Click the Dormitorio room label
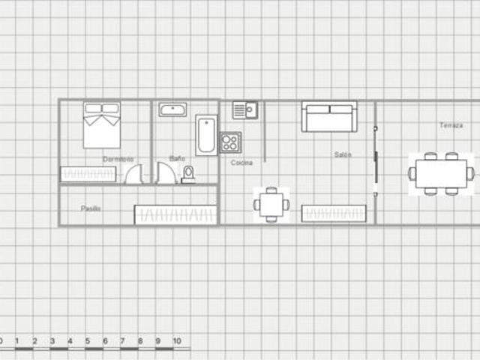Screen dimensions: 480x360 [x=118, y=159]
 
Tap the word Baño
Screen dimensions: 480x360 [x=177, y=158]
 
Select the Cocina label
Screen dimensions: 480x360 [x=241, y=163]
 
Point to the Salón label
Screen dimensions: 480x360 [x=343, y=154]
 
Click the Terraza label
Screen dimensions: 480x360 [x=451, y=125]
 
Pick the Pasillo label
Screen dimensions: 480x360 [x=91, y=208]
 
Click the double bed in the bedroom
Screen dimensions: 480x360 [x=102, y=125]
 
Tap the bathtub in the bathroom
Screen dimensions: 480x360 [x=206, y=135]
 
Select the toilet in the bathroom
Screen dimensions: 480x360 [x=188, y=175]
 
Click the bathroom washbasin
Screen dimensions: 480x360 [x=173, y=109]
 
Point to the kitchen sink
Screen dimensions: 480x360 [x=245, y=110]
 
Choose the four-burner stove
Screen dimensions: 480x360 [x=230, y=142]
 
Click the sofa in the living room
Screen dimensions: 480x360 [x=329, y=117]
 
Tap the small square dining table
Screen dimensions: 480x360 [x=271, y=205]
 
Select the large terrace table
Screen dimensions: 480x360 [x=441, y=173]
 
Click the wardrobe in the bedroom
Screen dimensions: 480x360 [x=88, y=174]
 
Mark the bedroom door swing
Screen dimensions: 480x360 [x=134, y=174]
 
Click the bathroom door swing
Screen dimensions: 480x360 [x=166, y=173]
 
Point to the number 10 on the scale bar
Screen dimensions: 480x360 [x=177, y=341]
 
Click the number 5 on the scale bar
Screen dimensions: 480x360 [x=88, y=341]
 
